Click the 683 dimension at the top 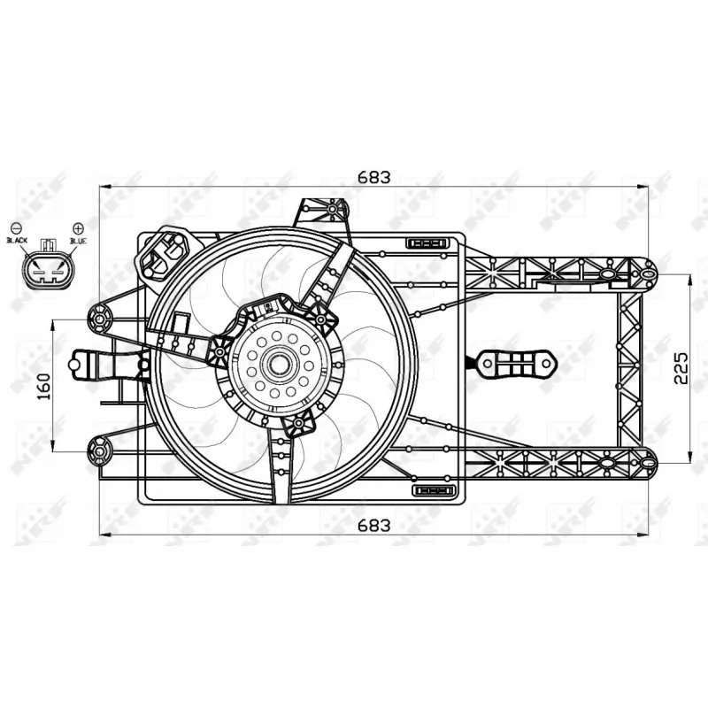coord(373,176)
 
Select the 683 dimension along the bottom coord(373,524)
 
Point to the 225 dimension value coord(680,367)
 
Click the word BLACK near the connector coord(18,241)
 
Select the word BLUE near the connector coord(77,241)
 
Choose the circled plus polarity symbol coord(78,227)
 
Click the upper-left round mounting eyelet coord(100,317)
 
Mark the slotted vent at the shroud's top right coord(429,242)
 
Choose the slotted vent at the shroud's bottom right coord(434,490)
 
